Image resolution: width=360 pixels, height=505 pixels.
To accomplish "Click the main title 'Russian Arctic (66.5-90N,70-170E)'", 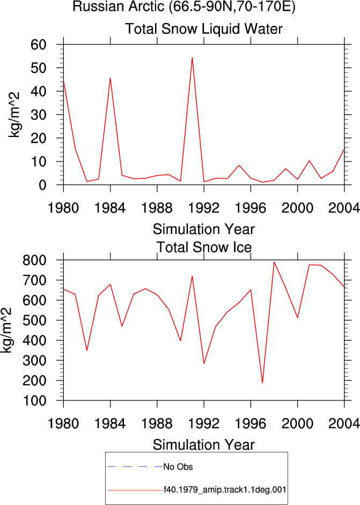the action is coord(184,6).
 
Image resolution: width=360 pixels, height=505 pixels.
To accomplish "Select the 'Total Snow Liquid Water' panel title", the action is coord(204,28).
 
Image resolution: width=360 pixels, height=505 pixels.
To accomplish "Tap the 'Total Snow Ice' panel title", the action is coord(204,247).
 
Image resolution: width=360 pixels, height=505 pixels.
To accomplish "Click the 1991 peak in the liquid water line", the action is coord(192,57).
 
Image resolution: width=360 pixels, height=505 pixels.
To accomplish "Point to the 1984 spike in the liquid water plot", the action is coord(110,78).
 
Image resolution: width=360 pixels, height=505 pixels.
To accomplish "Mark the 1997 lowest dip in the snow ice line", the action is coord(262,383).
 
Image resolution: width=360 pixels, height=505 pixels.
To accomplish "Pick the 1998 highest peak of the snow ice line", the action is coord(274,262).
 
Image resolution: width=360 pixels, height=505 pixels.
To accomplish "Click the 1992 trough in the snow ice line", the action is coord(204,363).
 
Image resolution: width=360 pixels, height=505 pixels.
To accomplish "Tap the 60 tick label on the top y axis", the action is coord(39,45).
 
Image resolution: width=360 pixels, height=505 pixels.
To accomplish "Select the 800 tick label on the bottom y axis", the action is coord(34,260).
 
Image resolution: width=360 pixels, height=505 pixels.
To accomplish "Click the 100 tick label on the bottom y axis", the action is coord(34,401).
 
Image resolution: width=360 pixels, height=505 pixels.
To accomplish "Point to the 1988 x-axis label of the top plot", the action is coord(157,208).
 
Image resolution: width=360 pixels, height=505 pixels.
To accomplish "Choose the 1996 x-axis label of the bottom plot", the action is coord(251,423).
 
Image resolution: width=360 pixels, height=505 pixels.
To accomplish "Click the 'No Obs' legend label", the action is coord(178,467).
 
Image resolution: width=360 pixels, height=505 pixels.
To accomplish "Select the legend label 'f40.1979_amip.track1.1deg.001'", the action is coord(225,490).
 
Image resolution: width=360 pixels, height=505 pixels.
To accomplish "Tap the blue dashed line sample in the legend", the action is coord(135,467).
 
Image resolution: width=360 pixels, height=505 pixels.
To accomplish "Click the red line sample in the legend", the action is coord(135,490).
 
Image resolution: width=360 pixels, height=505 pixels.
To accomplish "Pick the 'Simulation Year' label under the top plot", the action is coord(203,229).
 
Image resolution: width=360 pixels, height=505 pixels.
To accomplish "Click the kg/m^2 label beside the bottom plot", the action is coord(6,330).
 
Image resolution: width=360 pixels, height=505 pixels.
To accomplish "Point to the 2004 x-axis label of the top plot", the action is coord(344,208).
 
